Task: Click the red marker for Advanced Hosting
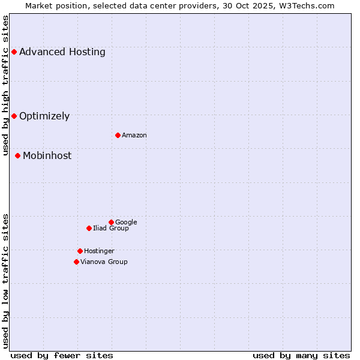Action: pyautogui.click(x=14, y=52)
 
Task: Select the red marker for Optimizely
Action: pyautogui.click(x=14, y=116)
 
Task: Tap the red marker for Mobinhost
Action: pyautogui.click(x=17, y=156)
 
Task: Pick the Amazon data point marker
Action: pyautogui.click(x=118, y=135)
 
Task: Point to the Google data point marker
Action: pyautogui.click(x=111, y=222)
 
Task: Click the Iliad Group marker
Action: pyautogui.click(x=89, y=228)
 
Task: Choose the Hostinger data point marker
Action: pyautogui.click(x=80, y=251)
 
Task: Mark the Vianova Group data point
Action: pyautogui.click(x=76, y=262)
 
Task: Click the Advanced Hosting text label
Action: pyautogui.click(x=62, y=52)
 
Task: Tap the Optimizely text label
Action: pyautogui.click(x=44, y=116)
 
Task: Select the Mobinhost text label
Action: pyautogui.click(x=47, y=156)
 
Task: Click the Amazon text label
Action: pyautogui.click(x=134, y=136)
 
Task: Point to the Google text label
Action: pyautogui.click(x=126, y=223)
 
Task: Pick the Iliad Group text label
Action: pyautogui.click(x=111, y=229)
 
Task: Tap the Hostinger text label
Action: pyautogui.click(x=99, y=251)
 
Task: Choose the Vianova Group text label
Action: pyautogui.click(x=104, y=262)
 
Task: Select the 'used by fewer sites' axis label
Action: pyautogui.click(x=62, y=356)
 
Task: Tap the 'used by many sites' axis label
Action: pyautogui.click(x=301, y=356)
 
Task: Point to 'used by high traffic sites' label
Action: pyautogui.click(x=6, y=86)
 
